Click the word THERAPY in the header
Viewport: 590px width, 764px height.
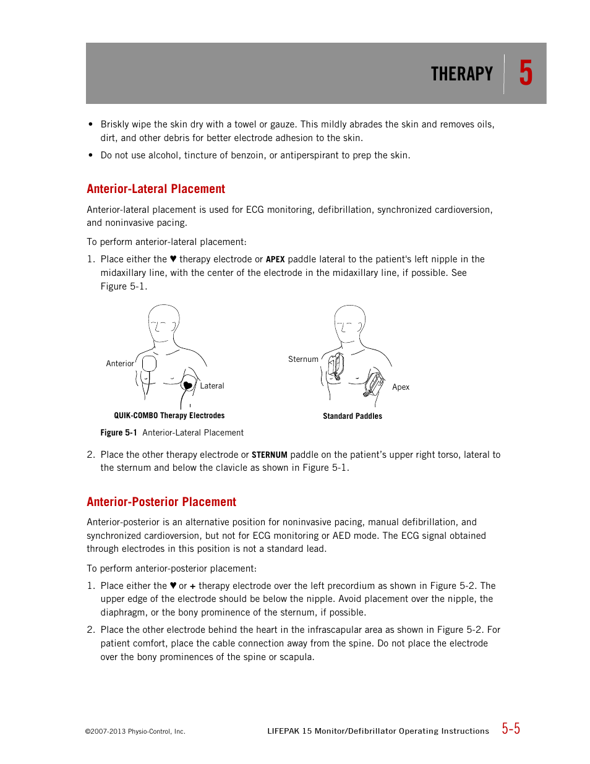click(x=461, y=74)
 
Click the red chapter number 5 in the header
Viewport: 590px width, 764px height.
click(x=526, y=73)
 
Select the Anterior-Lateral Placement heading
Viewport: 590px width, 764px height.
click(x=156, y=189)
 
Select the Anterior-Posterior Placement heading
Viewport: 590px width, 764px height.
click(x=161, y=502)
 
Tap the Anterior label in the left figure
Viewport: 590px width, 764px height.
click(x=120, y=364)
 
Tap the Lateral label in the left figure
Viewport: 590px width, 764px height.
click(x=212, y=386)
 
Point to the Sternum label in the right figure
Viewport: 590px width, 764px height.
click(x=303, y=359)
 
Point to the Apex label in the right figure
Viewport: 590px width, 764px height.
click(x=401, y=387)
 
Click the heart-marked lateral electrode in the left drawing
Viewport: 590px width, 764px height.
click(x=188, y=385)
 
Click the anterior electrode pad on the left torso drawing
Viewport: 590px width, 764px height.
click(x=149, y=364)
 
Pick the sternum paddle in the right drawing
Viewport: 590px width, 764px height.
click(x=336, y=366)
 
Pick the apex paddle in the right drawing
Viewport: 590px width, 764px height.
click(x=374, y=384)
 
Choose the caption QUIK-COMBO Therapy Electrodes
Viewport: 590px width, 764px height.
click(x=169, y=416)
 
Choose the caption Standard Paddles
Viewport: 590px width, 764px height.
click(x=353, y=416)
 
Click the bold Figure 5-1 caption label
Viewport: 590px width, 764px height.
click(x=119, y=433)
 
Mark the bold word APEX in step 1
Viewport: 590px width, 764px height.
click(x=275, y=260)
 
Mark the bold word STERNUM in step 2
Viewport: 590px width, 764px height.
click(x=269, y=455)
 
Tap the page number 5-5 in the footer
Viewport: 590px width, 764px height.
click(x=511, y=729)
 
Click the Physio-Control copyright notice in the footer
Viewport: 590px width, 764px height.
click(x=135, y=731)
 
